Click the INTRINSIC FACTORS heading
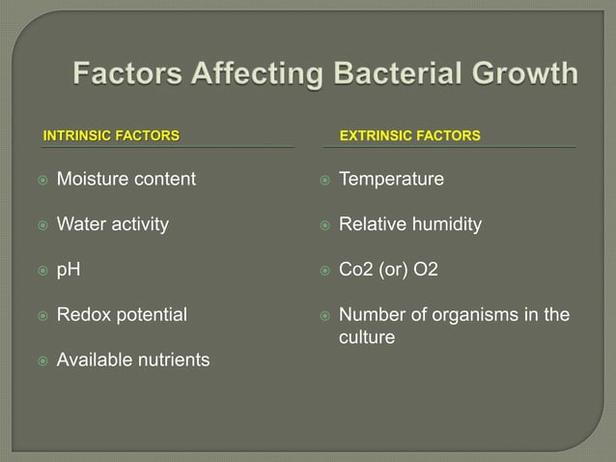pyautogui.click(x=111, y=135)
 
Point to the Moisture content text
pyautogui.click(x=126, y=179)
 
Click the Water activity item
pyautogui.click(x=112, y=224)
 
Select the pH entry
pyautogui.click(x=68, y=270)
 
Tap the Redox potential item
pyautogui.click(x=123, y=314)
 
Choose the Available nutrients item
pyautogui.click(x=132, y=360)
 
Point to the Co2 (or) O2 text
pyautogui.click(x=388, y=270)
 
